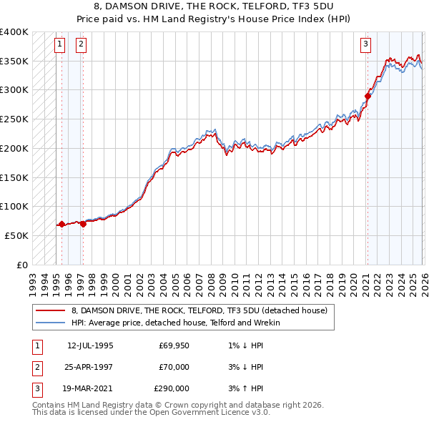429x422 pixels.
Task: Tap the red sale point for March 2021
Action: pos(368,96)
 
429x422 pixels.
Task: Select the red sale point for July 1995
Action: pos(61,224)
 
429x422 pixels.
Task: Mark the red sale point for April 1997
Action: pos(83,224)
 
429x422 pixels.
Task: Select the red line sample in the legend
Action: pos(51,310)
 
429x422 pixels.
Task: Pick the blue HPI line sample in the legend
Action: pos(51,323)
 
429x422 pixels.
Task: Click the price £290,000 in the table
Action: pos(172,388)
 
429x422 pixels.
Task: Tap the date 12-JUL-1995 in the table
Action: pos(90,345)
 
